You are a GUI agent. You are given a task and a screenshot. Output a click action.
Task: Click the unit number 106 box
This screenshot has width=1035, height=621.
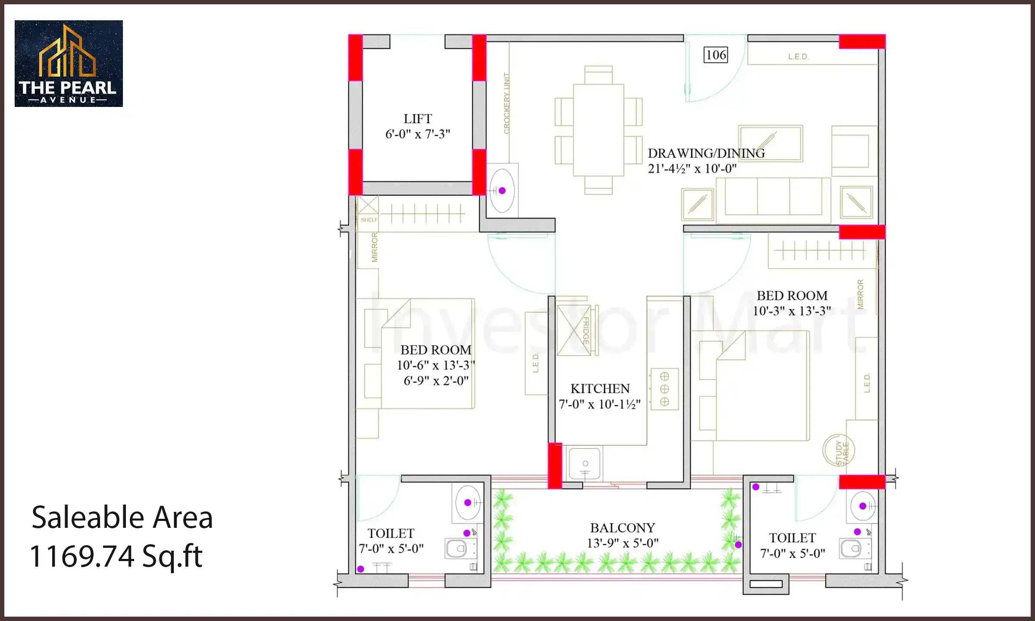[x=716, y=55]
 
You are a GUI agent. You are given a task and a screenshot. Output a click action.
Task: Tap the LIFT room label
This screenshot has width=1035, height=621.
[x=417, y=119]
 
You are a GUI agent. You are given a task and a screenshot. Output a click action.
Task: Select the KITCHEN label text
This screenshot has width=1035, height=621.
[x=600, y=389]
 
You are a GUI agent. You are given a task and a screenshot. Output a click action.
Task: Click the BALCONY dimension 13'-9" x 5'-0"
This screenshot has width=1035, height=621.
[x=622, y=543]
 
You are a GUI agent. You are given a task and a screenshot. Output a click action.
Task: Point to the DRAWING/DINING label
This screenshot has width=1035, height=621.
[x=706, y=153]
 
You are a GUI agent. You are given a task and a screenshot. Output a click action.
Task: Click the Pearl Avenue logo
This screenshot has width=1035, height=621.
[x=69, y=63]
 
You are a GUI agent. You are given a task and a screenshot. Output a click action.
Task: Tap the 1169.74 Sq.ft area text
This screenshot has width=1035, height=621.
[x=116, y=556]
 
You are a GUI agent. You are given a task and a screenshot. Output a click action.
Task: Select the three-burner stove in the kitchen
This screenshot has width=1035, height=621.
[x=665, y=389]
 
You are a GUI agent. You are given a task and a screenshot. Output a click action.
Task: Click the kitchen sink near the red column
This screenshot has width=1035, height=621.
[x=585, y=464]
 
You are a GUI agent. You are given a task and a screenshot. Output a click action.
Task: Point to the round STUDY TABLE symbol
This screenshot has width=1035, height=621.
[x=839, y=451]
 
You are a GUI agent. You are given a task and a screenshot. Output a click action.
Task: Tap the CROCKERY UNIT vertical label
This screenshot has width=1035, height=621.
[x=507, y=103]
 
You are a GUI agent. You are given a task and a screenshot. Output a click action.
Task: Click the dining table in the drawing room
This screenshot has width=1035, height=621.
[x=598, y=130]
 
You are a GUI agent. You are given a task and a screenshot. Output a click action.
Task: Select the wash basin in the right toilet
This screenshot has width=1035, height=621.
[x=862, y=506]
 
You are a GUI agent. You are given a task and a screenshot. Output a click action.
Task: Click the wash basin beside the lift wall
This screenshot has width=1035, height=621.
[x=502, y=191]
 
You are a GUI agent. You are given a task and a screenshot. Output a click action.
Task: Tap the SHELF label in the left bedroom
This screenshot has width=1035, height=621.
[x=369, y=220]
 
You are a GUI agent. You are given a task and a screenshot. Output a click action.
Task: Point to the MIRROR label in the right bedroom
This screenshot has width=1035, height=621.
[x=861, y=294]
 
